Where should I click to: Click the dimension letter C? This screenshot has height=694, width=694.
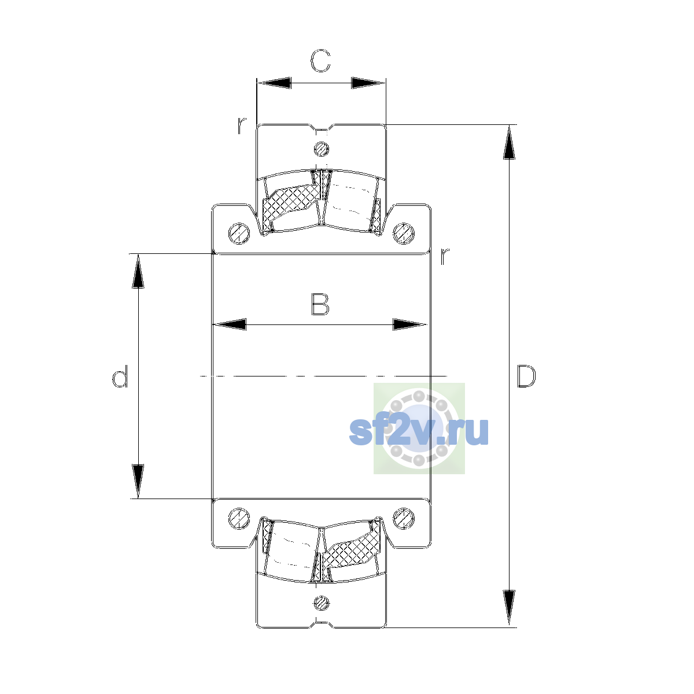320,61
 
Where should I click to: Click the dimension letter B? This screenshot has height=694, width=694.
320,304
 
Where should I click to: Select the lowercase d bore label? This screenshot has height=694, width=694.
120,376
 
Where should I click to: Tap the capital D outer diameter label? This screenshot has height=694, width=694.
526,376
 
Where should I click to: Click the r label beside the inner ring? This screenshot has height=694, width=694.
445,256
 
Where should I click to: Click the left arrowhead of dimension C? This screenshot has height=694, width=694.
274,83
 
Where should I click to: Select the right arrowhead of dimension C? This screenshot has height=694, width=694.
368,83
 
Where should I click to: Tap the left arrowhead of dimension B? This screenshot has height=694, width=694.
230,324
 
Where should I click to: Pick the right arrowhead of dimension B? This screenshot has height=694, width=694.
409,324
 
